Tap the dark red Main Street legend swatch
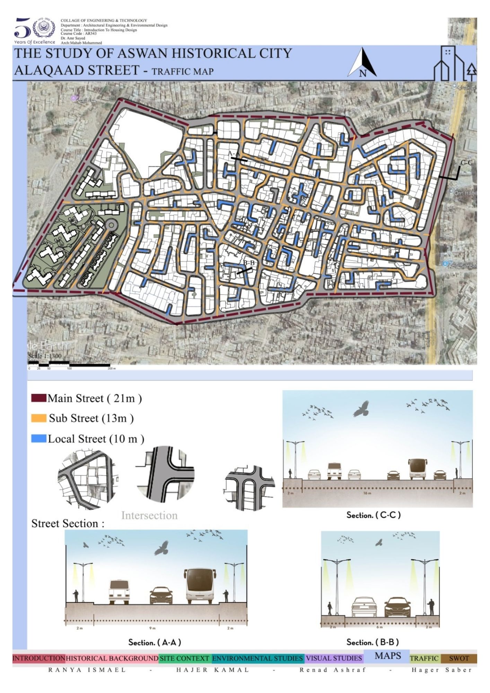pyautogui.click(x=38, y=398)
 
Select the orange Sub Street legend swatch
pyautogui.click(x=38, y=418)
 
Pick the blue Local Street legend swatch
pyautogui.click(x=38, y=439)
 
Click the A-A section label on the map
pyautogui.click(x=234, y=153)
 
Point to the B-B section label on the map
pyautogui.click(x=248, y=263)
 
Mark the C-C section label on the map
pyautogui.click(x=466, y=163)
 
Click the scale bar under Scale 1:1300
pyautogui.click(x=69, y=365)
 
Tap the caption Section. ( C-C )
pyautogui.click(x=374, y=515)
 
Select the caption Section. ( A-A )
pyautogui.click(x=155, y=642)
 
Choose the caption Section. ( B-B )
pyautogui.click(x=373, y=642)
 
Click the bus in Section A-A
pyautogui.click(x=200, y=586)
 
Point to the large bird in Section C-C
pyautogui.click(x=361, y=409)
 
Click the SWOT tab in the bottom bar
pyautogui.click(x=459, y=658)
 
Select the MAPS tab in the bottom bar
pyautogui.click(x=388, y=656)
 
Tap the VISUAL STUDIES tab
pyautogui.click(x=334, y=658)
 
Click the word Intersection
pyautogui.click(x=149, y=515)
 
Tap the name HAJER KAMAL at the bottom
pyautogui.click(x=213, y=670)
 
